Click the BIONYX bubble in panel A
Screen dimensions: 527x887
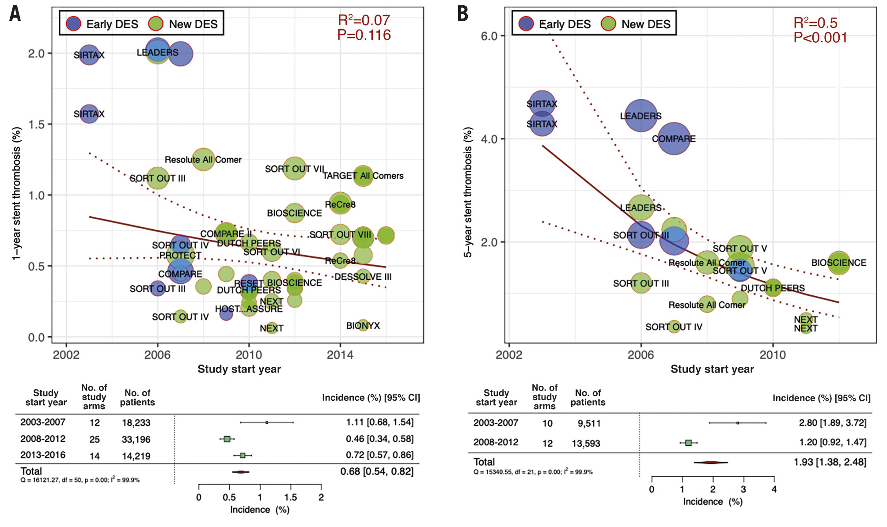coord(363,326)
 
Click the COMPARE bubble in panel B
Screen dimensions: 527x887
coord(674,139)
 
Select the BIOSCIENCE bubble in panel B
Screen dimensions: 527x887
coord(838,263)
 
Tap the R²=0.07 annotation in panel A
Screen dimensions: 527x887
coord(364,20)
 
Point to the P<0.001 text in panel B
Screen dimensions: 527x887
coord(820,38)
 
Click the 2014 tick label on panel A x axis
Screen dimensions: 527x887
coord(340,355)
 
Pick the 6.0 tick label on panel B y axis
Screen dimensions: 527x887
coord(489,36)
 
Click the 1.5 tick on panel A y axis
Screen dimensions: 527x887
coord(37,124)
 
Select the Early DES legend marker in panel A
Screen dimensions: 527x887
coord(73,24)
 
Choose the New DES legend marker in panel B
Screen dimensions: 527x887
coord(609,24)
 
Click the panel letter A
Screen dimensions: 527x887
coord(15,14)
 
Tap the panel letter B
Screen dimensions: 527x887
coord(462,14)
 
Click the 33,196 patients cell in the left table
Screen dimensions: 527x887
coord(136,440)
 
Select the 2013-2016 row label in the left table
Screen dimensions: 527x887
coord(43,455)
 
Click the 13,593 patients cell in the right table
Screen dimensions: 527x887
coord(586,443)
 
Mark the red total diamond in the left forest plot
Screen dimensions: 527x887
coord(241,472)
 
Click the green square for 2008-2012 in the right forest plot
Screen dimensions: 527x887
coord(688,442)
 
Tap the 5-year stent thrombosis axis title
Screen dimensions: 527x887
coord(468,192)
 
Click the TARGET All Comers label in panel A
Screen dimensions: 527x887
coord(363,176)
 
